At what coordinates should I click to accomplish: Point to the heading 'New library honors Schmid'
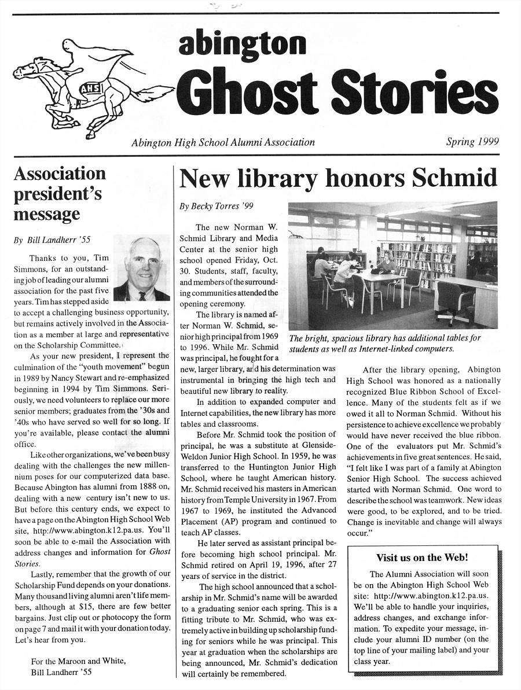[x=338, y=179]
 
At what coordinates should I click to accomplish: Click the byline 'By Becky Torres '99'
[x=216, y=206]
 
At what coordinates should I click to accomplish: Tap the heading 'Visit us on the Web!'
[x=421, y=558]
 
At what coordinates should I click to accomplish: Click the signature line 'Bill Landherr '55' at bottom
[x=61, y=672]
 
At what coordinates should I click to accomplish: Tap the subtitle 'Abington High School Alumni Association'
[x=223, y=142]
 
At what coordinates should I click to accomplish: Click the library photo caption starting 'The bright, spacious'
[x=384, y=343]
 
